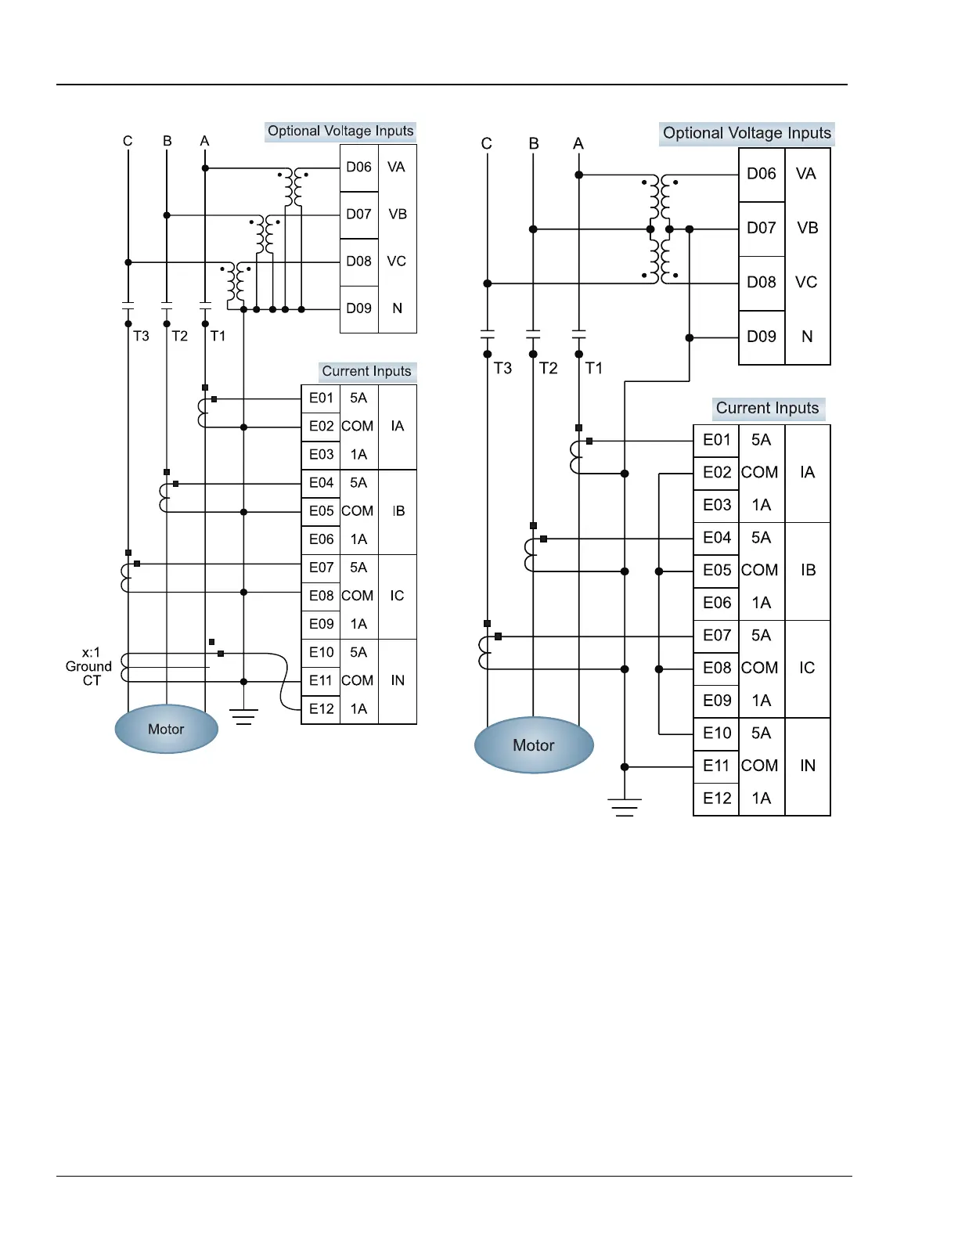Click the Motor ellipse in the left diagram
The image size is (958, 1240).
click(166, 729)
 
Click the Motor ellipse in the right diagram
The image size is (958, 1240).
click(534, 744)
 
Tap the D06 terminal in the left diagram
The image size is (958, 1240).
click(359, 168)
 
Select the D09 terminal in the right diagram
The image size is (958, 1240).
click(761, 337)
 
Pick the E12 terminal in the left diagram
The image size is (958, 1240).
click(321, 709)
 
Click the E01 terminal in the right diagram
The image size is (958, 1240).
click(716, 440)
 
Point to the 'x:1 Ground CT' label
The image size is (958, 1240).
click(89, 666)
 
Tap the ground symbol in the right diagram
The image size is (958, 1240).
click(625, 807)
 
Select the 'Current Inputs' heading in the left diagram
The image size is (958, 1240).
click(367, 372)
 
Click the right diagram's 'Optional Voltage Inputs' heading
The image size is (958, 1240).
click(747, 134)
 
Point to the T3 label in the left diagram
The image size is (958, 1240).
click(141, 336)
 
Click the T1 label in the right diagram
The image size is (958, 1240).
click(593, 368)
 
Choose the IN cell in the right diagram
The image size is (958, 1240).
click(808, 766)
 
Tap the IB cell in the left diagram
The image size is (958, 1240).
click(398, 511)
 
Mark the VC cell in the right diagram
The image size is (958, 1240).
click(806, 283)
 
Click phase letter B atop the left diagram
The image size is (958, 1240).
click(167, 141)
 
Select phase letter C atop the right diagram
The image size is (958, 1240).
click(486, 144)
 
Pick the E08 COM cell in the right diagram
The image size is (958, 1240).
click(759, 668)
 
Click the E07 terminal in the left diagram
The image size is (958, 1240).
click(321, 568)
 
